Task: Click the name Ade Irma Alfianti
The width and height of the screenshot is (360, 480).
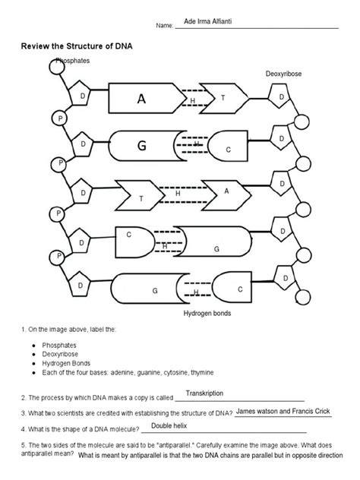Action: (207, 21)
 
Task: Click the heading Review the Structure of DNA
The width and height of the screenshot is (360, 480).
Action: (77, 46)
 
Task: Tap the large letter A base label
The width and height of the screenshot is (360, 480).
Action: (141, 99)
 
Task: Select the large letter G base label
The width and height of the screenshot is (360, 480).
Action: (141, 145)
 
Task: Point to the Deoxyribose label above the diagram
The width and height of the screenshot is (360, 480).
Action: (283, 74)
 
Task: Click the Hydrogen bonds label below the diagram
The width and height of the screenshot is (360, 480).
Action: (207, 313)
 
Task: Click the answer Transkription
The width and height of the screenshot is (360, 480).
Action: (204, 393)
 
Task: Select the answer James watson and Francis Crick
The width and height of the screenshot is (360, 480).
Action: (283, 411)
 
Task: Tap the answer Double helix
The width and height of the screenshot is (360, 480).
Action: (169, 426)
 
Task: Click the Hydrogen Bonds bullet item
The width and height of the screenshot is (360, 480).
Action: (66, 363)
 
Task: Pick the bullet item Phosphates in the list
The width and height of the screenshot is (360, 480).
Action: (58, 346)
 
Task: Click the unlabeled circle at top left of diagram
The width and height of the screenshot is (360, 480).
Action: (57, 66)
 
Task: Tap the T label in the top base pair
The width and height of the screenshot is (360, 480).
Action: (223, 98)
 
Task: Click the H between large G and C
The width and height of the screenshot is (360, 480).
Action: (197, 144)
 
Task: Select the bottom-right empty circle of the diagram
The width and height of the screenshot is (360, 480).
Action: (303, 297)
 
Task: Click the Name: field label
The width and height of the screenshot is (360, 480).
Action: (164, 26)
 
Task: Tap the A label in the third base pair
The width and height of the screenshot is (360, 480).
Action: (226, 191)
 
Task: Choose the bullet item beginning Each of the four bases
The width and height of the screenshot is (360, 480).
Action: (128, 373)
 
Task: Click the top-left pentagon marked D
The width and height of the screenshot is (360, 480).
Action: (79, 93)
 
